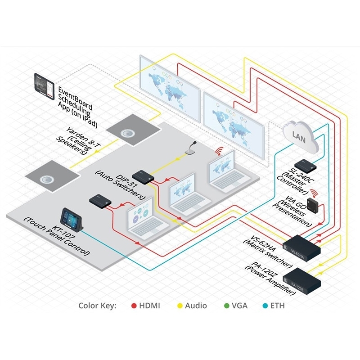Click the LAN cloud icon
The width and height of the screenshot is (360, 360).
300,137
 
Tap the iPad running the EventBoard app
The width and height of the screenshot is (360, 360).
44,86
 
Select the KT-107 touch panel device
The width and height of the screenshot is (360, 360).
72,220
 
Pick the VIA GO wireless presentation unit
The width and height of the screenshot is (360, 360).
313,203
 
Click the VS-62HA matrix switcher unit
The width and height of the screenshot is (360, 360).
301,248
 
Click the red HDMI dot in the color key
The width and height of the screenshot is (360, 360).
134,306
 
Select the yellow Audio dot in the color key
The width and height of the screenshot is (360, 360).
180,306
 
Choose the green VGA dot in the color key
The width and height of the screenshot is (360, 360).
227,306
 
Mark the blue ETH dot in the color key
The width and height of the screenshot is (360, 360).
265,306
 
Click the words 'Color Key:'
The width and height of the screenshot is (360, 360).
97,306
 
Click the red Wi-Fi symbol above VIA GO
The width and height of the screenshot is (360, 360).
314,193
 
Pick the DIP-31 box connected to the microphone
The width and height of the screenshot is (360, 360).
143,177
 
